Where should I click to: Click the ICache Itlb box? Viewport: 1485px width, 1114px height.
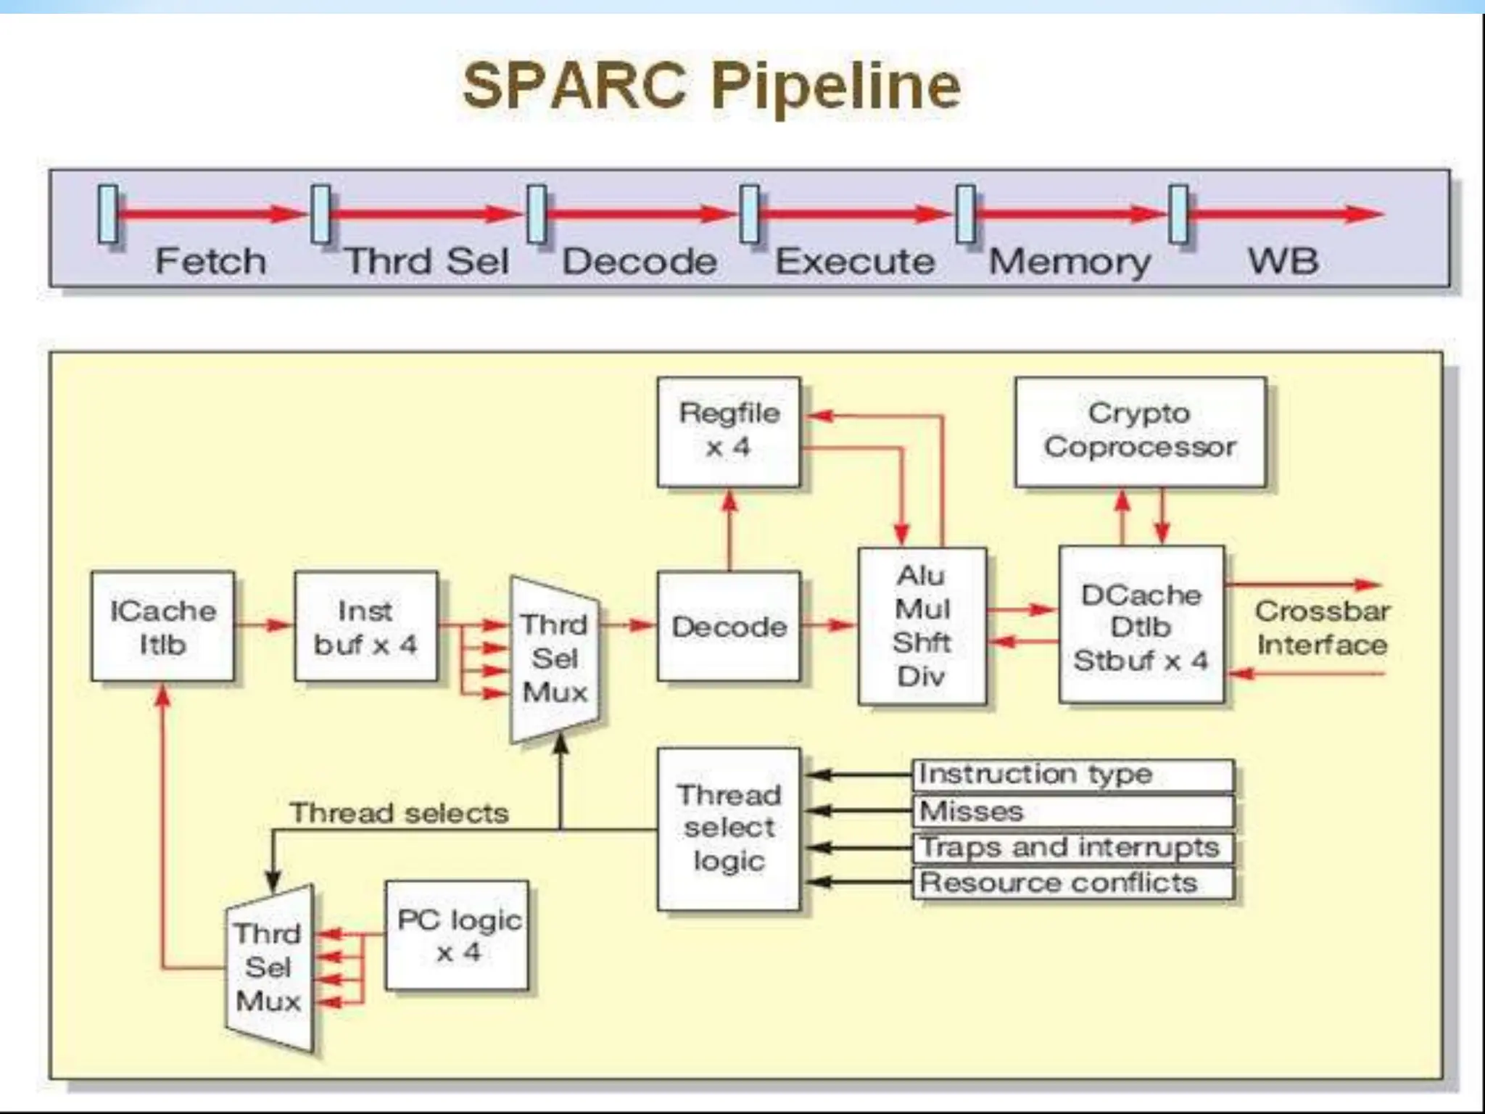point(162,627)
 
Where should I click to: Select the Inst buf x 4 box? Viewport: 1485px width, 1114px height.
point(365,627)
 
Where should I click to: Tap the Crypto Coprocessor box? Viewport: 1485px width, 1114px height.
point(1140,432)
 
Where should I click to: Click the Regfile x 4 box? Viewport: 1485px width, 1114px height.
point(729,432)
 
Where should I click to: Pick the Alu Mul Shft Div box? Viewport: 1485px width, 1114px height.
point(922,626)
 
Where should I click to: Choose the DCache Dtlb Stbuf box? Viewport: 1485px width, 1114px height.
point(1141,626)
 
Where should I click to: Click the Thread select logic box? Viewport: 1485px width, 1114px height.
point(729,828)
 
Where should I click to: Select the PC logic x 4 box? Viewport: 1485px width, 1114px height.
point(457,936)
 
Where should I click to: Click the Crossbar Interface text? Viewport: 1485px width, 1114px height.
point(1321,628)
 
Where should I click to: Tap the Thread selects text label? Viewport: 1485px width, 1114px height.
point(399,813)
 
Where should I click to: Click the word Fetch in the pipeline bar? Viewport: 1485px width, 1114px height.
point(210,261)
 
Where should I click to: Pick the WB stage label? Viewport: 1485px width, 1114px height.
point(1282,261)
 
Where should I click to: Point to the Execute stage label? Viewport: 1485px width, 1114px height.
point(855,261)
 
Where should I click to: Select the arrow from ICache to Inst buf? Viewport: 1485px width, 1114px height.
point(264,624)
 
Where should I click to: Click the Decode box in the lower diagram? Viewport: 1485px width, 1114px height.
point(729,627)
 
